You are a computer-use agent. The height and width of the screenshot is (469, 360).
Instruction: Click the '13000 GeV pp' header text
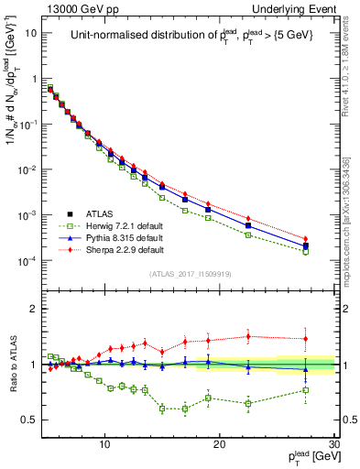pos(80,8)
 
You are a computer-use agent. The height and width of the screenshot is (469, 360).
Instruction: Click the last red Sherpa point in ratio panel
pos(306,339)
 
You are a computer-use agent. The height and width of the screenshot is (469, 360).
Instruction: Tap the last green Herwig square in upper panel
pos(306,251)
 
